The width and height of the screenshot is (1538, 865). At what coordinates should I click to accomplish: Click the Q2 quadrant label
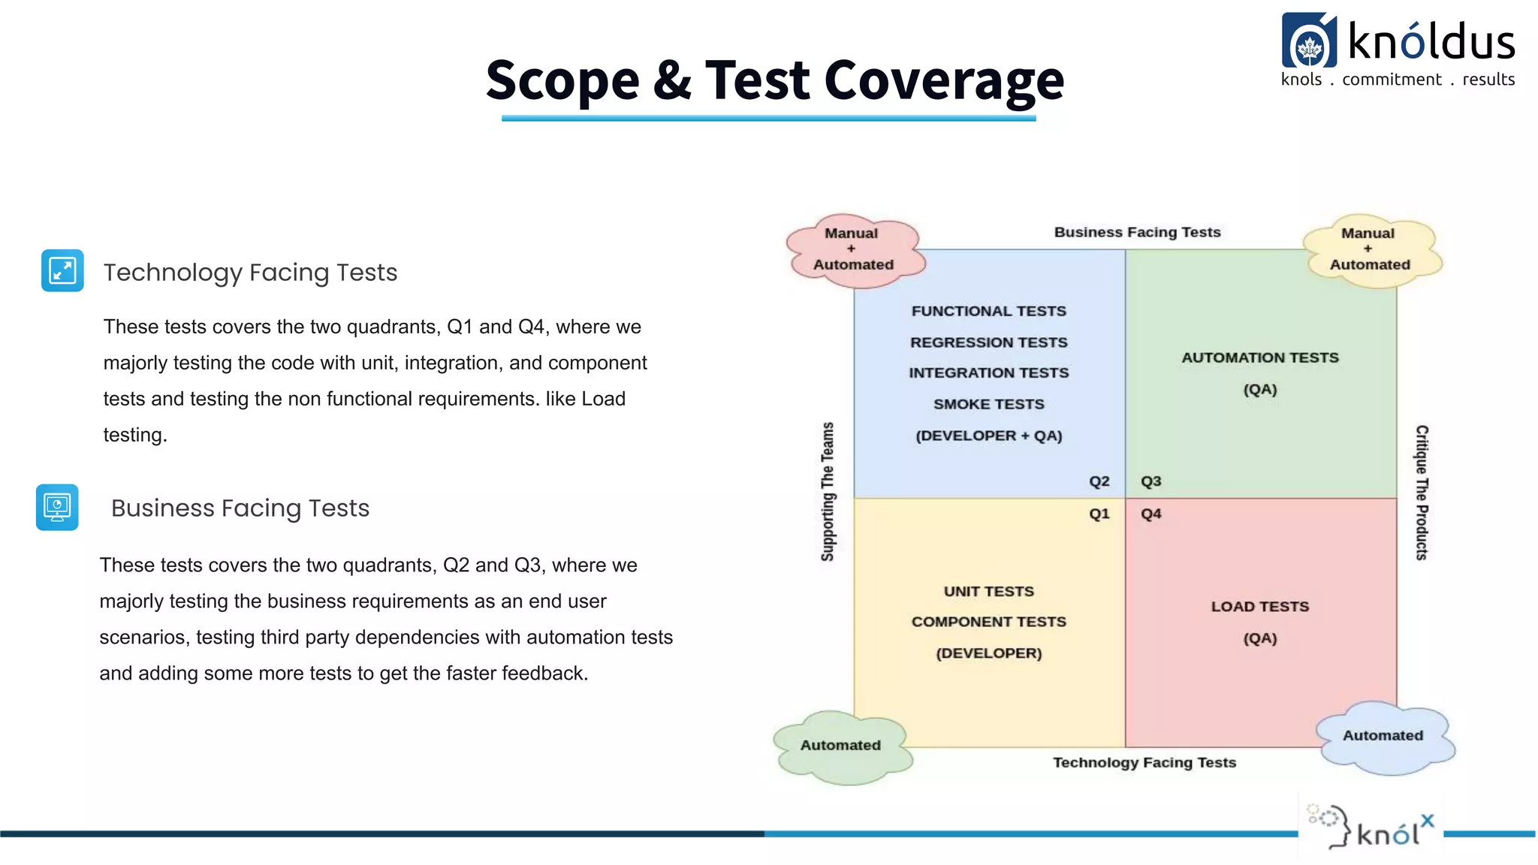pos(1099,481)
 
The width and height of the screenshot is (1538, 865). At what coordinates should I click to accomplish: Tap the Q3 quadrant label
pos(1150,481)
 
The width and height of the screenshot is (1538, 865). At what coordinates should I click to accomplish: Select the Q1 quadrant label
pos(1099,514)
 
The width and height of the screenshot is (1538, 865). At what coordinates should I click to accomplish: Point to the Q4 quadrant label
pos(1150,514)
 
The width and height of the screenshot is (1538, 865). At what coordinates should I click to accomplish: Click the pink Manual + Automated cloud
pos(855,250)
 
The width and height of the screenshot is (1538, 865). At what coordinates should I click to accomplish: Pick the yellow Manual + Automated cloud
pos(1371,250)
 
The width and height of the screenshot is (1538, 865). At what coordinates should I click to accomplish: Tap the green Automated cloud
pos(841,746)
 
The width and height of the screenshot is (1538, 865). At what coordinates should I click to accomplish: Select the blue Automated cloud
pos(1383,736)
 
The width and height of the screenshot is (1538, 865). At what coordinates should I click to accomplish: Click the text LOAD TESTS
pos(1259,607)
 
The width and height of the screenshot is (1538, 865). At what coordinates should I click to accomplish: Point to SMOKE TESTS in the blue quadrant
pos(988,404)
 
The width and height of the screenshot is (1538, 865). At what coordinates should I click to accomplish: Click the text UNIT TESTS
pos(988,592)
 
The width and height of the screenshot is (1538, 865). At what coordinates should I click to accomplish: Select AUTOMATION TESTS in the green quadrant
pos(1259,358)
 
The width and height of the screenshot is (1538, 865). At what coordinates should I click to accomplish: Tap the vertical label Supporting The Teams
pos(828,492)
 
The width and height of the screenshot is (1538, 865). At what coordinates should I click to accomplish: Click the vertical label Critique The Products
pos(1421,492)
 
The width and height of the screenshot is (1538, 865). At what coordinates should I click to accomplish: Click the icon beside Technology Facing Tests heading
pos(62,270)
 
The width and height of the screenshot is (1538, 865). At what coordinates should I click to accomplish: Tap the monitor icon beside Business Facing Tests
pos(57,507)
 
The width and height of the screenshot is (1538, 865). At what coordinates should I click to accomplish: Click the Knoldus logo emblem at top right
pos(1309,43)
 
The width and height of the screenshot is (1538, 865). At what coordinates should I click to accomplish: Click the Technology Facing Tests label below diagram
pos(1144,763)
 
